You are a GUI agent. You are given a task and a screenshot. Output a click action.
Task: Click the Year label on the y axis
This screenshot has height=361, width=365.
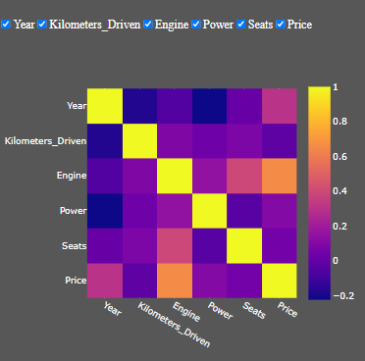74,105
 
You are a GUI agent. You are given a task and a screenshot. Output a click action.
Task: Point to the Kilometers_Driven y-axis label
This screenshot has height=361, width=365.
44,140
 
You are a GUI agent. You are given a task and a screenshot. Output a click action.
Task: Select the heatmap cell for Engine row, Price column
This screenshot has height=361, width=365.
281,176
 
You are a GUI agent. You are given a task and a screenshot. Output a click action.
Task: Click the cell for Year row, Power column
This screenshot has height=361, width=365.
210,105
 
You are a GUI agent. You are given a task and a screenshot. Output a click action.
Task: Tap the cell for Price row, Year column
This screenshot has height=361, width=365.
105,281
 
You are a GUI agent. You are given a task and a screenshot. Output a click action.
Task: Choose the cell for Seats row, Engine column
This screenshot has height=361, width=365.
175,245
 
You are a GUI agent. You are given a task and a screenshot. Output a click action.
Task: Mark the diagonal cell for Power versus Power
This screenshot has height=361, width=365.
210,211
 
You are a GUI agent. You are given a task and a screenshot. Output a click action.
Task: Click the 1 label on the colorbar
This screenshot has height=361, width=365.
337,86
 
